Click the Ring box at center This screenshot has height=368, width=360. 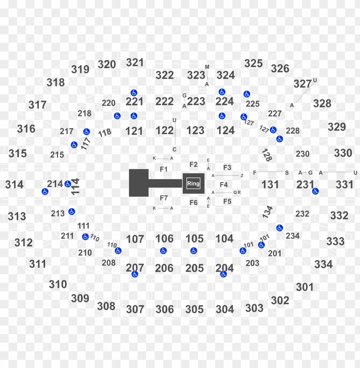(193, 184)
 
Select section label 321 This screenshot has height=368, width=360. (135, 63)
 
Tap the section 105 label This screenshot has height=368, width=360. (195, 239)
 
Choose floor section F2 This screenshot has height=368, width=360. (194, 165)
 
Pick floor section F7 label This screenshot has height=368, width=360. (164, 198)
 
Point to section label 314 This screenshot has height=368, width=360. (15, 185)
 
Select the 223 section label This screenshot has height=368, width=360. (196, 102)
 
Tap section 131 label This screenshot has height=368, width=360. (270, 185)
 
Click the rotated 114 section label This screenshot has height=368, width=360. (76, 187)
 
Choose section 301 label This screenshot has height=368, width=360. (305, 287)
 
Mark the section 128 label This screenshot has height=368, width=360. (267, 155)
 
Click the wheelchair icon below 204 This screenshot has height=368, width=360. (223, 274)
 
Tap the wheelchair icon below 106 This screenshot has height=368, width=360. (163, 251)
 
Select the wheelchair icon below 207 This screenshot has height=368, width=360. (135, 274)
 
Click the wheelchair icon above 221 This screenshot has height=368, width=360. (134, 93)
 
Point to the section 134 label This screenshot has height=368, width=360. (267, 212)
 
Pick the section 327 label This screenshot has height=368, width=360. (302, 84)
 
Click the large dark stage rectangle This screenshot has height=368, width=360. (139, 183)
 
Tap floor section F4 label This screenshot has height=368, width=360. (224, 185)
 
